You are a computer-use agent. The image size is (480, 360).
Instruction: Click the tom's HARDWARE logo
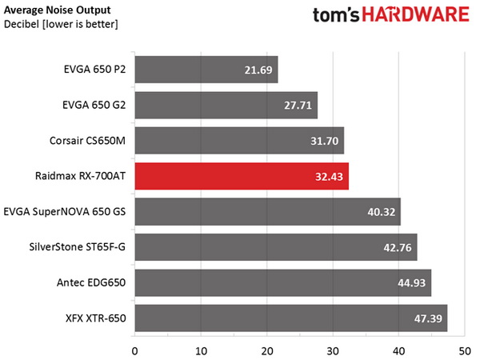[387, 18]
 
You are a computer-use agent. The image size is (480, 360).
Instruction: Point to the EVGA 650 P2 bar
[206, 70]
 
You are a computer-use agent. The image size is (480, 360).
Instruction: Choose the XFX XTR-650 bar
[290, 318]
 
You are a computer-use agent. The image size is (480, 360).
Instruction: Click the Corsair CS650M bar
[238, 141]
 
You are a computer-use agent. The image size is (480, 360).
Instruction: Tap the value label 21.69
[258, 70]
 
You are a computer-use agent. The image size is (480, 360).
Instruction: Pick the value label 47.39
[428, 319]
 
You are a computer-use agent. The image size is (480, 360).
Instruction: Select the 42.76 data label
[398, 248]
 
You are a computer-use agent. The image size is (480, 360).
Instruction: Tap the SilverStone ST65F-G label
[82, 247]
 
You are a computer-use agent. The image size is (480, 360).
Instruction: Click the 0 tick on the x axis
[134, 350]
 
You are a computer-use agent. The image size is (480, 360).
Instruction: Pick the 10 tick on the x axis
[201, 350]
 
